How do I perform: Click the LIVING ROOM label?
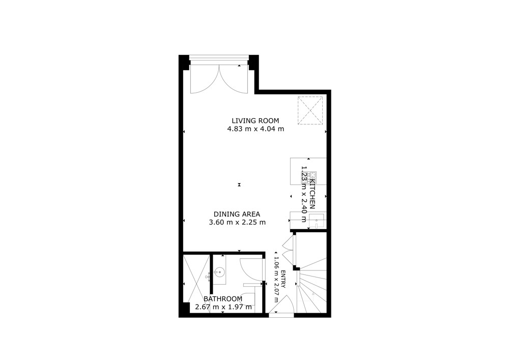(255, 121)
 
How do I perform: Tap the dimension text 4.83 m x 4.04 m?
(255, 129)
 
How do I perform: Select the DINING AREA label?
(237, 214)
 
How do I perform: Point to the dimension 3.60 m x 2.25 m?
(237, 223)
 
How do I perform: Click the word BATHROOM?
(223, 299)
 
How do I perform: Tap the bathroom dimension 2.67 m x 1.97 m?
(223, 307)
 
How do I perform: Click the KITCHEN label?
(313, 193)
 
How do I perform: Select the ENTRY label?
(283, 281)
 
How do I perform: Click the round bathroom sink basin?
(220, 271)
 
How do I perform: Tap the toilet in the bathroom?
(248, 298)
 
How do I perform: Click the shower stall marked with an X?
(195, 283)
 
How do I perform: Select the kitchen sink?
(317, 222)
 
